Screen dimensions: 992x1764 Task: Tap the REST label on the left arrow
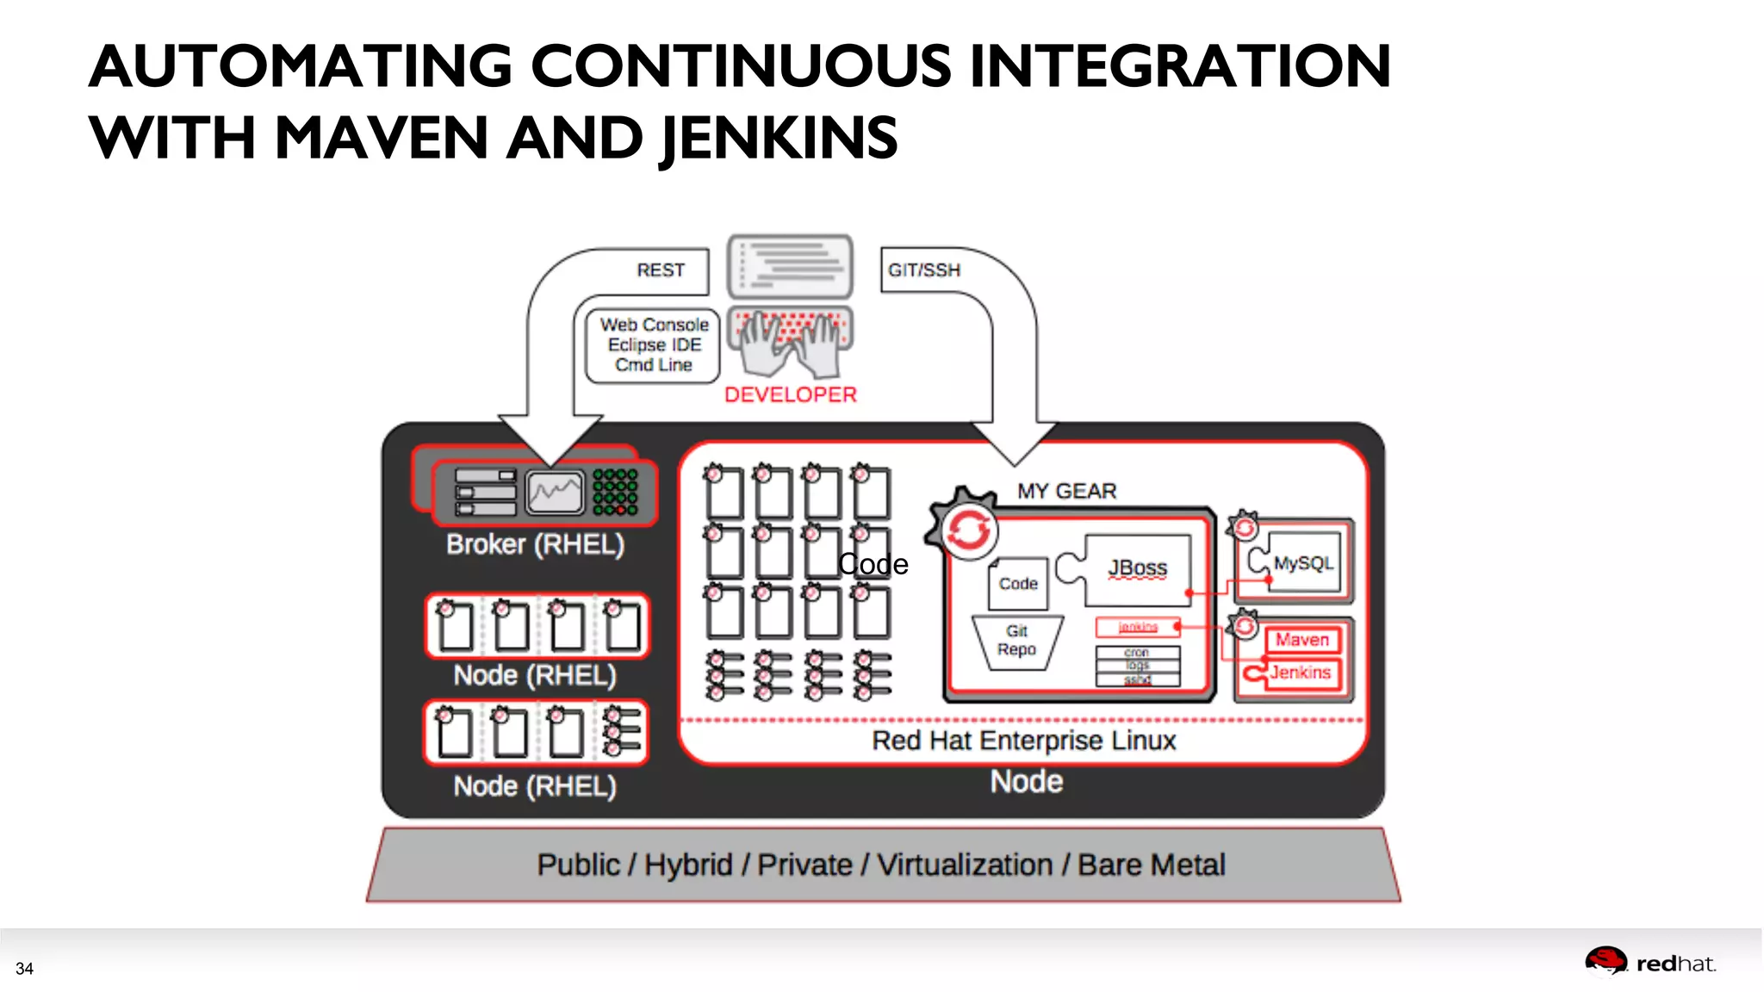(x=661, y=270)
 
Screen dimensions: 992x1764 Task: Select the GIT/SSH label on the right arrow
(x=923, y=270)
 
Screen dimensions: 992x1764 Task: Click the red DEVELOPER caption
(x=790, y=395)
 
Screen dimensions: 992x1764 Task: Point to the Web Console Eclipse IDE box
(x=654, y=345)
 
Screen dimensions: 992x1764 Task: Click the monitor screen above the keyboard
(x=790, y=266)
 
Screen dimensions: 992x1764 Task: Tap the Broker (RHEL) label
(x=535, y=545)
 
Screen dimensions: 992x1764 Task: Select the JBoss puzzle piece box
(x=1137, y=568)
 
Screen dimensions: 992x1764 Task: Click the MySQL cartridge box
(x=1301, y=563)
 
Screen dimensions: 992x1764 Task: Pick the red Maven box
(x=1301, y=640)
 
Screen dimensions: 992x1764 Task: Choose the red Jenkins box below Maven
(x=1299, y=673)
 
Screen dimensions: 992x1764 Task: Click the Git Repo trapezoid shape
(x=1016, y=642)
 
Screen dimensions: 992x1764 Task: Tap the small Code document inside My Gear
(x=1017, y=584)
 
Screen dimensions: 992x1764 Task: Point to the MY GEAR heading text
(x=1066, y=492)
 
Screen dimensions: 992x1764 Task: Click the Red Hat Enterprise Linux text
(x=1023, y=741)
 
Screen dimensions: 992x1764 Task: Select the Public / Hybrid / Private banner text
(x=880, y=865)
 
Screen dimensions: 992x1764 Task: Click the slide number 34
(x=24, y=969)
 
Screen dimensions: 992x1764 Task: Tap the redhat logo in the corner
(x=1649, y=963)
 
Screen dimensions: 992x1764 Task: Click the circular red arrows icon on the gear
(x=968, y=531)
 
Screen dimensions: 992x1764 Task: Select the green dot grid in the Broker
(x=615, y=492)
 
